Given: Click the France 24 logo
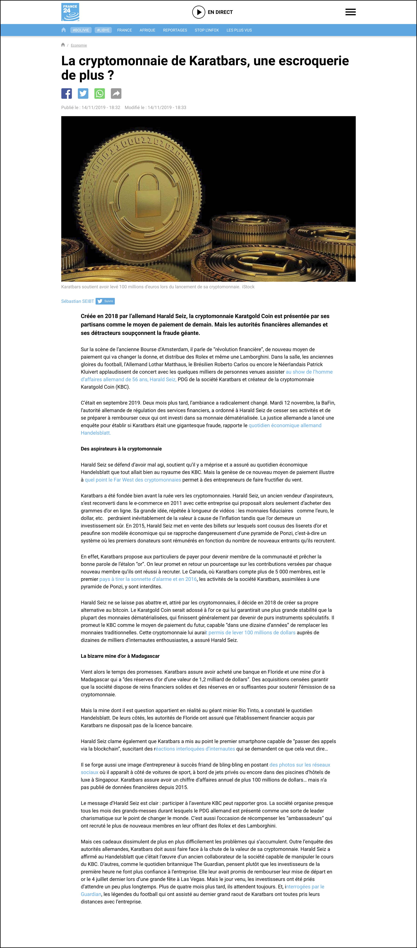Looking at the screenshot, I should coord(70,12).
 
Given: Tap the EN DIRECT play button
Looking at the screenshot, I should coord(199,12).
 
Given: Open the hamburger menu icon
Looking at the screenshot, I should coord(350,12).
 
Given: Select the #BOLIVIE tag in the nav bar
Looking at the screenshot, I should coord(81,30).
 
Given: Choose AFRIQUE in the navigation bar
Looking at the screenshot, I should coord(147,30).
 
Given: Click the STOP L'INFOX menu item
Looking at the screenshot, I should coord(207,30).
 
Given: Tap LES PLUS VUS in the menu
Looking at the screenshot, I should coord(239,30).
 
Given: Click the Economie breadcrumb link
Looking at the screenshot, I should coord(79,45).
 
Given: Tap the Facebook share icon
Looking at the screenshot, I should coord(67,93).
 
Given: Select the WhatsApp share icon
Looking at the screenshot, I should coord(99,93).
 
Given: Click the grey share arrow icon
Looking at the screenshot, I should coord(116,93).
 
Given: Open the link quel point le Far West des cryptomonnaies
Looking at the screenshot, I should coord(133,480).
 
